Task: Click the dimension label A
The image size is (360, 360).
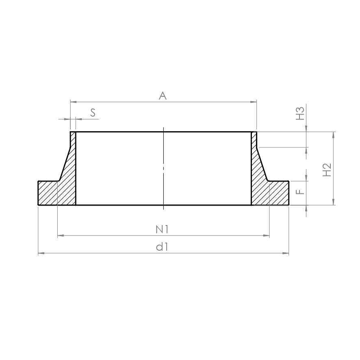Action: (163, 96)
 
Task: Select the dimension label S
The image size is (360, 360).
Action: (93, 113)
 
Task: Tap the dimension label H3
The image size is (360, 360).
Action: (300, 113)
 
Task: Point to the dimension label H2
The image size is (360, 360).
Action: (327, 170)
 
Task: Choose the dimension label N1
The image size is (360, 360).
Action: (162, 229)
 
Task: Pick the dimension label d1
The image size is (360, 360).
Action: (162, 247)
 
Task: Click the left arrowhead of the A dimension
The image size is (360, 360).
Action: (74, 102)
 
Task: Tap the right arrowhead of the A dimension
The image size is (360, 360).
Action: (254, 102)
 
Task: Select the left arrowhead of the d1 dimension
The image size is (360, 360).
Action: (41, 253)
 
